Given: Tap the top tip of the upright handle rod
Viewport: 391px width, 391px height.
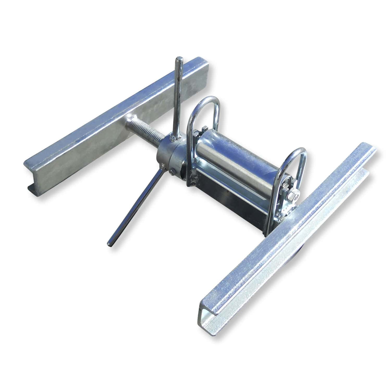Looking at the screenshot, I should point(179,58).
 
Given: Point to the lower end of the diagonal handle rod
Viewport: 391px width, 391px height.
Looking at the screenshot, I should point(109,243).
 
